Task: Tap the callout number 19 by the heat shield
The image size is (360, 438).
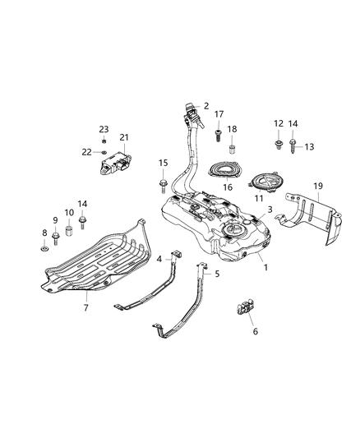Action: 318,187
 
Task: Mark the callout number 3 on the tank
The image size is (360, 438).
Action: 269,211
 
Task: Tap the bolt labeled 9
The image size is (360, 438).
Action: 56,239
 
